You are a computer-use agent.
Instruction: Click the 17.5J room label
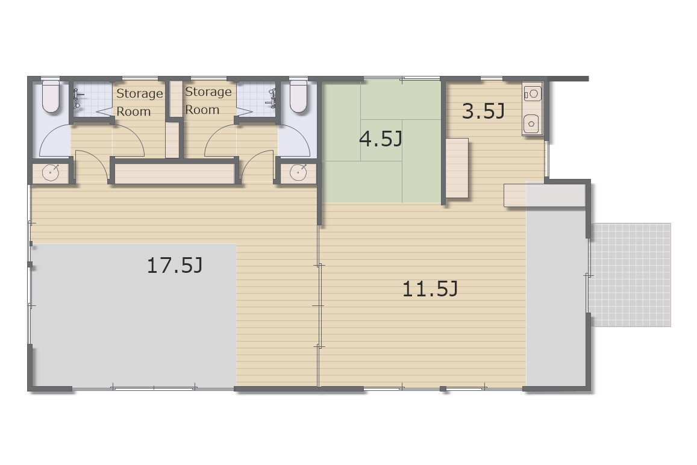pos(175,266)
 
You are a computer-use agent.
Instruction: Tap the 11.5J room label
pos(430,289)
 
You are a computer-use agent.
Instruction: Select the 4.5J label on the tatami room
pos(381,139)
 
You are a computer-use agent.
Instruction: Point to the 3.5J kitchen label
pos(483,111)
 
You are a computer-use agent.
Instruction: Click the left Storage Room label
pos(140,102)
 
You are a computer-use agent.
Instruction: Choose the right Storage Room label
pos(208,101)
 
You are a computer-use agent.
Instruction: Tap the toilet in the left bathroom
pos(51,96)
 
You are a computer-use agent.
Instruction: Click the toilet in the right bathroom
pos(298,96)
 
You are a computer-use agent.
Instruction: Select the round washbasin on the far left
pos(51,173)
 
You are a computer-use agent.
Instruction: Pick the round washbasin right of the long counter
pos(298,172)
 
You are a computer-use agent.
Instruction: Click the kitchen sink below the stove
pos(531,123)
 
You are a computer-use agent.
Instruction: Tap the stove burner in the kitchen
pos(533,93)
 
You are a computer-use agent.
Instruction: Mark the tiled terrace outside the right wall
pos(631,275)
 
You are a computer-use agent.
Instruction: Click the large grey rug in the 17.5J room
pos(133,315)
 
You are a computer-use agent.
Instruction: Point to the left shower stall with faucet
pos(92,99)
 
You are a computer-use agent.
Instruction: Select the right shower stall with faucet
pos(257,99)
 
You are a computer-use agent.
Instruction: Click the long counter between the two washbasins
pos(174,174)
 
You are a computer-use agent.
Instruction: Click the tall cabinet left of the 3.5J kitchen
pos(457,168)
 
